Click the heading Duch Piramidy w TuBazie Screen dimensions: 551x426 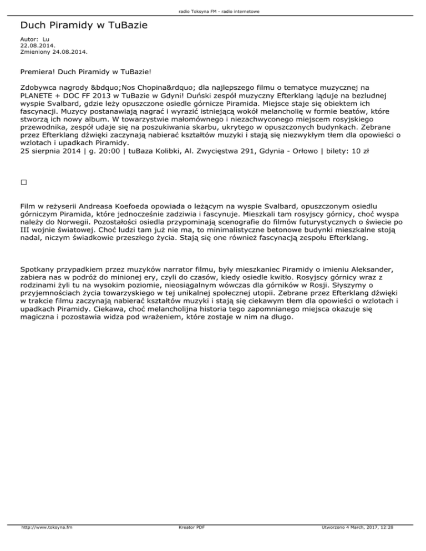click(x=83, y=25)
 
